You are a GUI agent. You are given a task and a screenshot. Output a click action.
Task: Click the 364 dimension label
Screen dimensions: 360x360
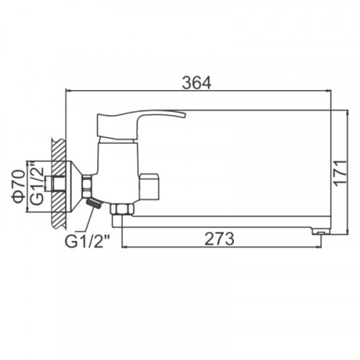[197, 83]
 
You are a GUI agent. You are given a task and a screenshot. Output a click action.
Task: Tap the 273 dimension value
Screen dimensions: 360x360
[220, 239]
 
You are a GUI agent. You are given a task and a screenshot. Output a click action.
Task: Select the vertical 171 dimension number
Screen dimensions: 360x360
[341, 173]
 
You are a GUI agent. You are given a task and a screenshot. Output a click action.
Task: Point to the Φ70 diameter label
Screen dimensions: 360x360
[19, 186]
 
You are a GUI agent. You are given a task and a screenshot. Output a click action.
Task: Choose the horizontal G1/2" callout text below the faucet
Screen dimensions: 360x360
[88, 241]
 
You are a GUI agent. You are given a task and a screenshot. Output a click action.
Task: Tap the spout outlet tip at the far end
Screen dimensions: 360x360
[321, 232]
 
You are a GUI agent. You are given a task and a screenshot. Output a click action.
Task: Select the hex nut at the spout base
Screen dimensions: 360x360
[122, 209]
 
